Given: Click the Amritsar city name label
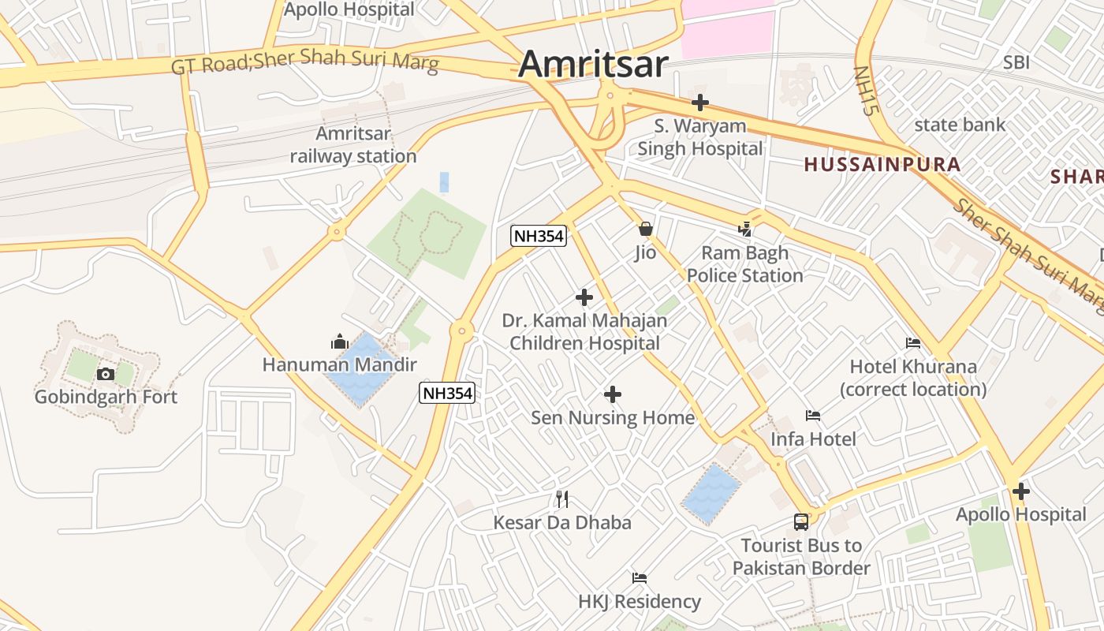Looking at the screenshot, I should [x=593, y=64].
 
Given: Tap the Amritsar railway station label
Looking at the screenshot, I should [x=353, y=145].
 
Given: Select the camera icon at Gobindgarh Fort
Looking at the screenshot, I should [x=106, y=374].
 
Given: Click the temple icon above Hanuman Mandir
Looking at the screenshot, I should [x=340, y=342].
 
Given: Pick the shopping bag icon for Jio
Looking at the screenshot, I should [x=646, y=230].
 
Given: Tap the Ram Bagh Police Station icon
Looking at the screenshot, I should [x=744, y=230].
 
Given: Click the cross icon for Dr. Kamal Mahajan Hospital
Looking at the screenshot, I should [x=584, y=297].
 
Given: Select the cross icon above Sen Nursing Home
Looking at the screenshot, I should [x=613, y=394].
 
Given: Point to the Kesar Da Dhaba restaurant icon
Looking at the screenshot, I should [x=562, y=498].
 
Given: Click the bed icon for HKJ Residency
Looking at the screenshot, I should [x=640, y=578].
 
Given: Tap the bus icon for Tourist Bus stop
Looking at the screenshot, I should [x=801, y=522].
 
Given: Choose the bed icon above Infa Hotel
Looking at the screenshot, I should [x=813, y=416].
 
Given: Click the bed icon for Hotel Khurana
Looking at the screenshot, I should [x=913, y=343].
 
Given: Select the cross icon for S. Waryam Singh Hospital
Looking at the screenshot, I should [x=700, y=103].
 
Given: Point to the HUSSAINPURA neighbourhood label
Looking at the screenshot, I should [x=882, y=165].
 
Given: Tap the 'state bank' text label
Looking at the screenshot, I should [x=960, y=125].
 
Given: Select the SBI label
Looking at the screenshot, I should [x=1016, y=62].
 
